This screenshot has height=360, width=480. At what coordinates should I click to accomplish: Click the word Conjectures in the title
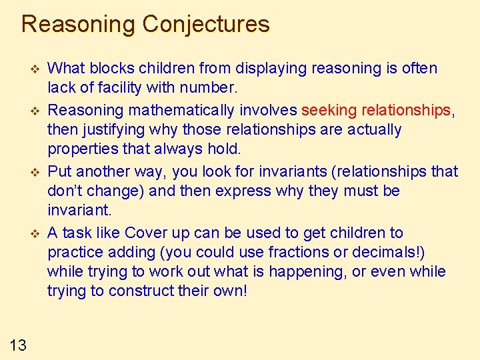click(x=206, y=25)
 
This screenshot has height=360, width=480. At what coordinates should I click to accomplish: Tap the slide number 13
click(x=19, y=344)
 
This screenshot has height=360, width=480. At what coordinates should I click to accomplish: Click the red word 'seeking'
click(x=327, y=109)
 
